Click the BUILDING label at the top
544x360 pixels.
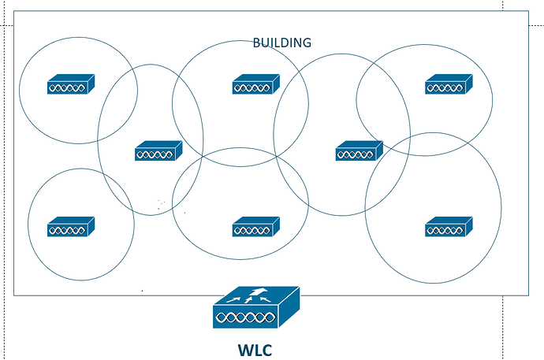pyautogui.click(x=281, y=43)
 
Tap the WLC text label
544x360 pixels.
pyautogui.click(x=255, y=348)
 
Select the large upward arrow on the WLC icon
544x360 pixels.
pyautogui.click(x=255, y=295)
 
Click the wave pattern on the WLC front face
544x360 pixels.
pyautogui.click(x=245, y=317)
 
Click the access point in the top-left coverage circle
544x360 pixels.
pyautogui.click(x=70, y=84)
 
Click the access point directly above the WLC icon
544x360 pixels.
pyautogui.click(x=255, y=227)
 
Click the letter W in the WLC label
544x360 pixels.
pyautogui.click(x=244, y=348)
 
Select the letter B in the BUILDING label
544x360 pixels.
pyautogui.click(x=257, y=43)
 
